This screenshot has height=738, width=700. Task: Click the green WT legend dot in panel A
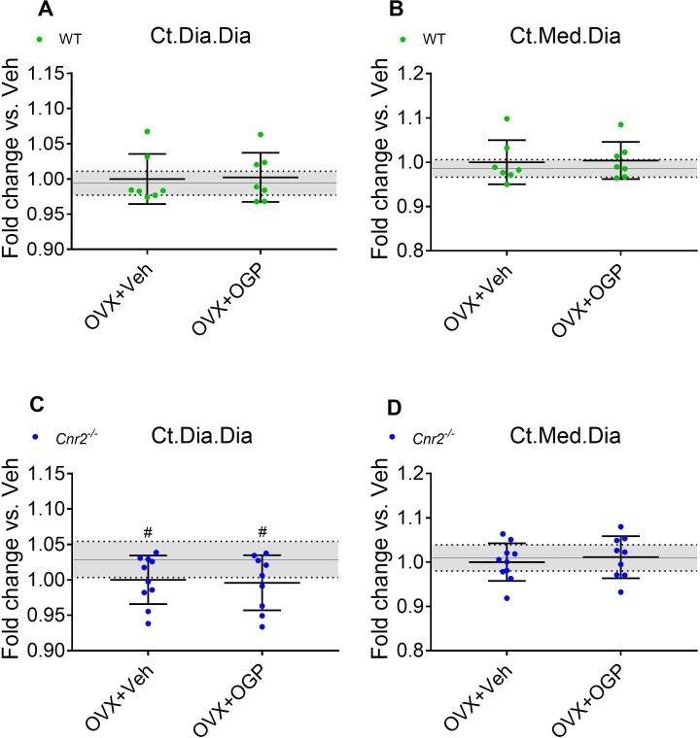(x=39, y=39)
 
